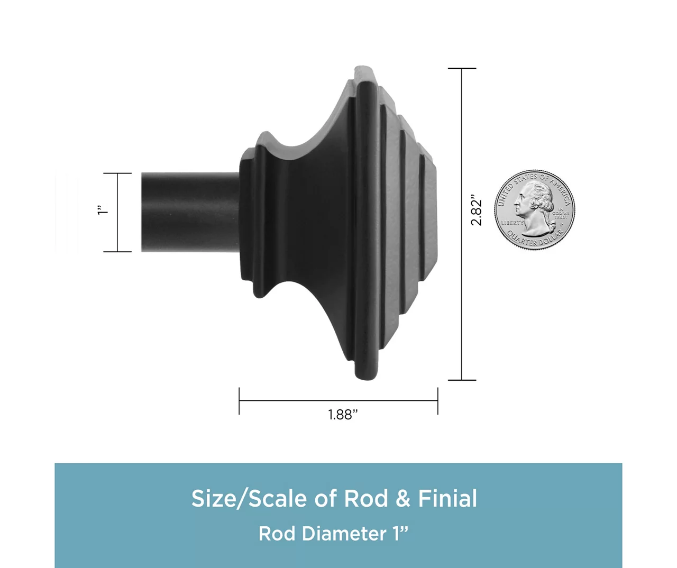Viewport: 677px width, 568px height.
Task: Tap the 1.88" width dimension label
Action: pos(343,415)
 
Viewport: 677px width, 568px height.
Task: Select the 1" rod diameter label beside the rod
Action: pos(103,210)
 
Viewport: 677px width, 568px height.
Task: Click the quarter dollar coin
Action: pos(534,210)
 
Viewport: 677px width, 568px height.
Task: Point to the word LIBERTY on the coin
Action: pos(512,223)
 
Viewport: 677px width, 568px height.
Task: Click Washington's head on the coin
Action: pos(535,203)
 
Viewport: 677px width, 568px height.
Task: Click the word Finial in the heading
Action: pos(447,499)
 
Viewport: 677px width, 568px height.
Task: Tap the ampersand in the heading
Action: pos(402,499)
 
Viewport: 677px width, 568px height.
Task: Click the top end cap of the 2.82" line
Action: pos(462,68)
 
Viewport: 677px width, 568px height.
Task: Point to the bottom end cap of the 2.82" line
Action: pos(462,380)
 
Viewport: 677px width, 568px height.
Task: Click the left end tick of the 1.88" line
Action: pos(239,401)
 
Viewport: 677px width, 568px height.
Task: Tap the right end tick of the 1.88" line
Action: pos(437,401)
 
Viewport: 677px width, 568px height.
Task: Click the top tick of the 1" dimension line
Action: pos(117,173)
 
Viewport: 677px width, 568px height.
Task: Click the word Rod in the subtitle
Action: pos(278,534)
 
